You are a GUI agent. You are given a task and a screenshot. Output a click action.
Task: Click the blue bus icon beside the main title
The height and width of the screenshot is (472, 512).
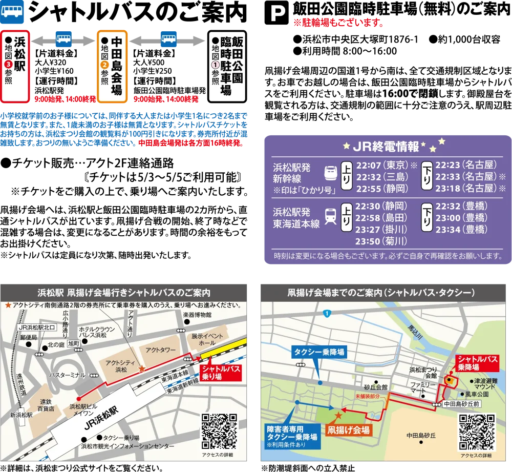[x=12, y=12]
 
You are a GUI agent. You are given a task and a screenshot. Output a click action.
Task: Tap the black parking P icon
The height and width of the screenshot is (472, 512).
[x=276, y=12]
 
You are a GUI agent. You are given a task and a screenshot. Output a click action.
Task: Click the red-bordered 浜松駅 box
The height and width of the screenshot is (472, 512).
[x=15, y=66]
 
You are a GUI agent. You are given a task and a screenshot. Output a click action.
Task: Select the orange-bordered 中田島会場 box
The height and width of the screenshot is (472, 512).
[x=112, y=66]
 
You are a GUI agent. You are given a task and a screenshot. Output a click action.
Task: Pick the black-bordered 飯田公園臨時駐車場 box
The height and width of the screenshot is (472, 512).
[x=227, y=66]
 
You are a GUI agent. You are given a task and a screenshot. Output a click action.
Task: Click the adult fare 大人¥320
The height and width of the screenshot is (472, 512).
[x=51, y=63]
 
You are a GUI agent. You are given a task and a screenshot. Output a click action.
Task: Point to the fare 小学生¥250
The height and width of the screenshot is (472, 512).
[x=153, y=71]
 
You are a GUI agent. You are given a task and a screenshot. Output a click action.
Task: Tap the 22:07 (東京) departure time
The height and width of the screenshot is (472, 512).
[x=382, y=165]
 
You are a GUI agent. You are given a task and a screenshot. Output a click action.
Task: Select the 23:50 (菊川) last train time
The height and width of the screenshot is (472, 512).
[x=381, y=241]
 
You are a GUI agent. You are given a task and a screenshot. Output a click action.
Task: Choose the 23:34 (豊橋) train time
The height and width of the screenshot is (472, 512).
[x=461, y=230]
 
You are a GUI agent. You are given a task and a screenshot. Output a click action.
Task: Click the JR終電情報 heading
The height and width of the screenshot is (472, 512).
[x=386, y=147]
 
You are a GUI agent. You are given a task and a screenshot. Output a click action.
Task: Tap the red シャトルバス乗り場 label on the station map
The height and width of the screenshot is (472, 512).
[x=221, y=373]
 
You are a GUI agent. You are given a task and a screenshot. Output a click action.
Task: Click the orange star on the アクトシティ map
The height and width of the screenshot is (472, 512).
[x=142, y=369]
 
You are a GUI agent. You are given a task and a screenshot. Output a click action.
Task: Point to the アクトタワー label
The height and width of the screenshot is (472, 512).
[x=161, y=350]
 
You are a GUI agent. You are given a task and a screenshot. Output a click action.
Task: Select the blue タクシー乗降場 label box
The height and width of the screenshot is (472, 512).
[x=319, y=352]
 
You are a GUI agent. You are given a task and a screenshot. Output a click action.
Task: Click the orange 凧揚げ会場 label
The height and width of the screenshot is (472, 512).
[x=348, y=430]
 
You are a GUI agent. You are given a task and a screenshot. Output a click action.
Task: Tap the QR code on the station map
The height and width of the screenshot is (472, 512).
[x=219, y=432]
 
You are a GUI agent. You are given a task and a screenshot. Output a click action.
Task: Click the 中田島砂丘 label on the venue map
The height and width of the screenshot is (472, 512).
[x=421, y=436]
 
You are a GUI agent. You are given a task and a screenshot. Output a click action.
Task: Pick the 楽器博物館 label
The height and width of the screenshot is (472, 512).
[x=197, y=315]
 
